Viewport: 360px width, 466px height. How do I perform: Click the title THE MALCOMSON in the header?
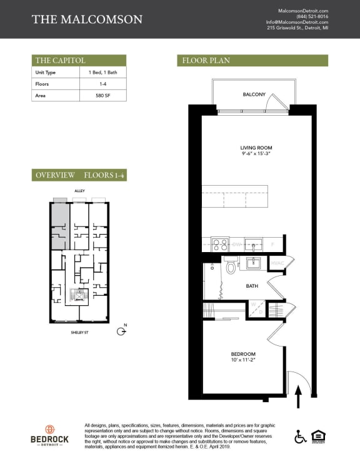[x=87, y=19]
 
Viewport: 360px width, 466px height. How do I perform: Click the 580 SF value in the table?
[x=102, y=95]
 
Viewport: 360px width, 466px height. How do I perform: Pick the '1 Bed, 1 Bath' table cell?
[x=102, y=73]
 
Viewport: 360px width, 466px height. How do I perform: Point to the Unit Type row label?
[x=46, y=73]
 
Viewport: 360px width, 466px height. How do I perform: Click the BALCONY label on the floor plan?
[x=254, y=95]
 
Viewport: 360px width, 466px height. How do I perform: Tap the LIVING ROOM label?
[x=256, y=148]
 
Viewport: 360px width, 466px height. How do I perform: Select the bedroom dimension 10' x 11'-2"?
[x=243, y=360]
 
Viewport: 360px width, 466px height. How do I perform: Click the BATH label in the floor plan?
[x=252, y=286]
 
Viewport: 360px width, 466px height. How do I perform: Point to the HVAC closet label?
[x=277, y=263]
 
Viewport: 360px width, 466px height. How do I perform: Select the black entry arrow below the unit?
[x=297, y=395]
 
